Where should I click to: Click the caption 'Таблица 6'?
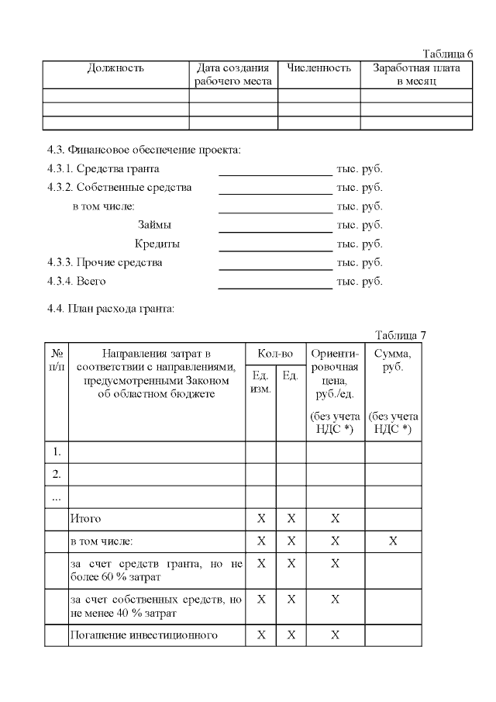click(447, 54)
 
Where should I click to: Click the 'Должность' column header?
click(115, 68)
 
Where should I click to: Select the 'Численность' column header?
click(319, 68)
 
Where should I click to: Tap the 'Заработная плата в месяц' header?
click(416, 74)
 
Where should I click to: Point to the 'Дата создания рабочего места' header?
click(233, 74)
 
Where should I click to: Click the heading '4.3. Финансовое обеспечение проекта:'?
click(144, 149)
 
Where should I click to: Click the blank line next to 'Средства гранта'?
click(275, 169)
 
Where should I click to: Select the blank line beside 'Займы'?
click(275, 225)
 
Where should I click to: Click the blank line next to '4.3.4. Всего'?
click(275, 282)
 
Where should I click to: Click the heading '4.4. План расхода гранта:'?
click(111, 309)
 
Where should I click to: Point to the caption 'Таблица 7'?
click(400, 335)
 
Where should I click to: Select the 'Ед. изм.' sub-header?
click(260, 382)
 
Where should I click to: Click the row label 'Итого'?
click(86, 518)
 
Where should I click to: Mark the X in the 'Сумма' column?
click(393, 541)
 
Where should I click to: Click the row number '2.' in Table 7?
click(56, 474)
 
